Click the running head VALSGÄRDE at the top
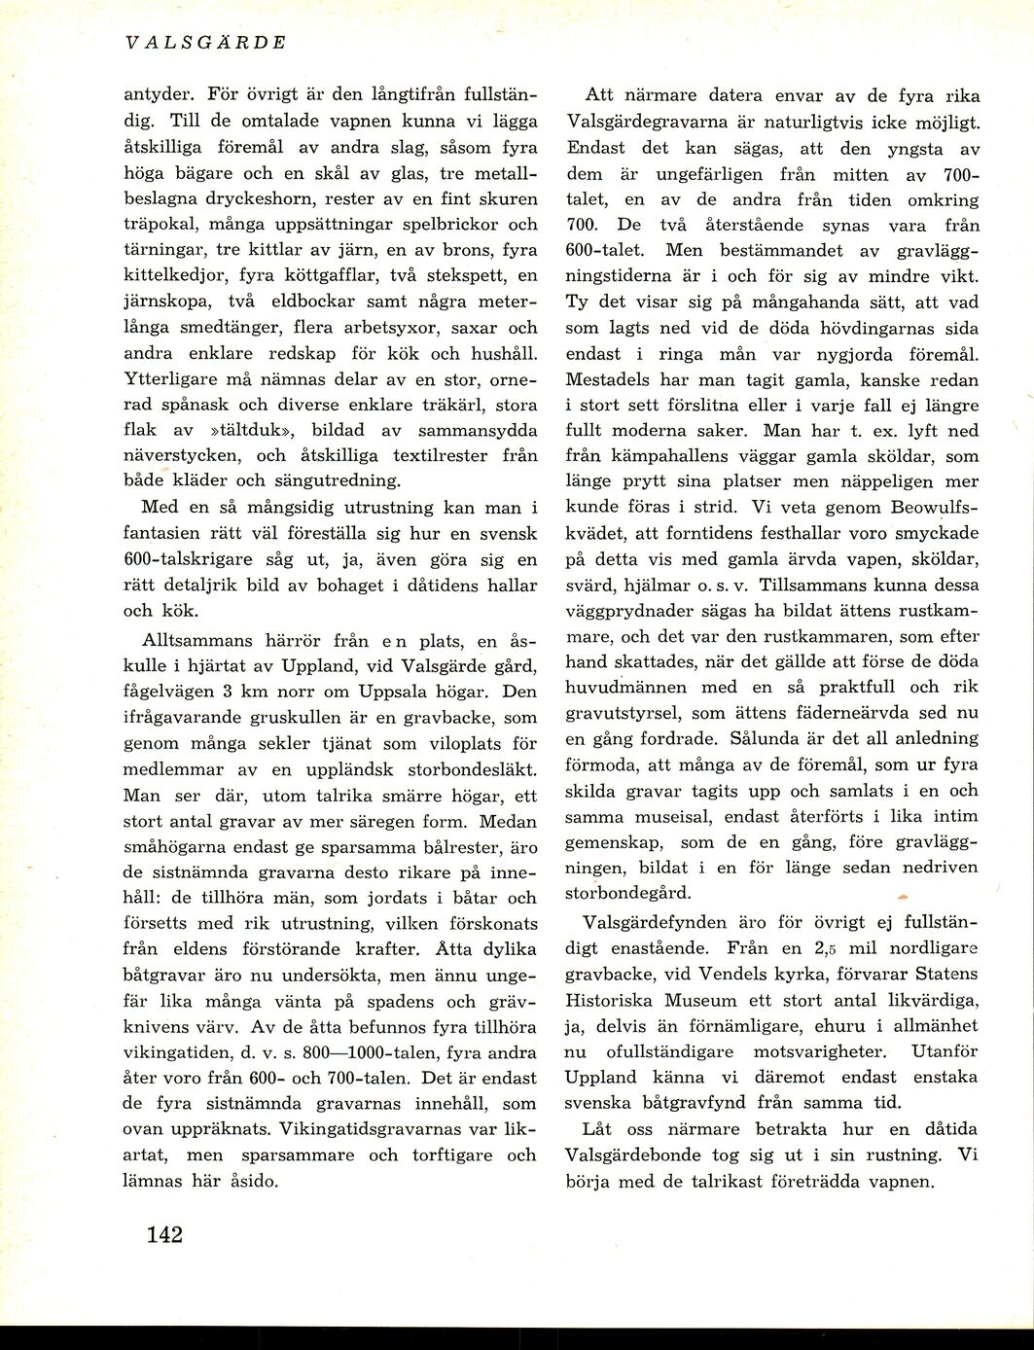[x=206, y=43]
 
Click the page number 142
[x=164, y=1234]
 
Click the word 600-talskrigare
[x=188, y=559]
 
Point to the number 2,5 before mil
[x=826, y=948]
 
